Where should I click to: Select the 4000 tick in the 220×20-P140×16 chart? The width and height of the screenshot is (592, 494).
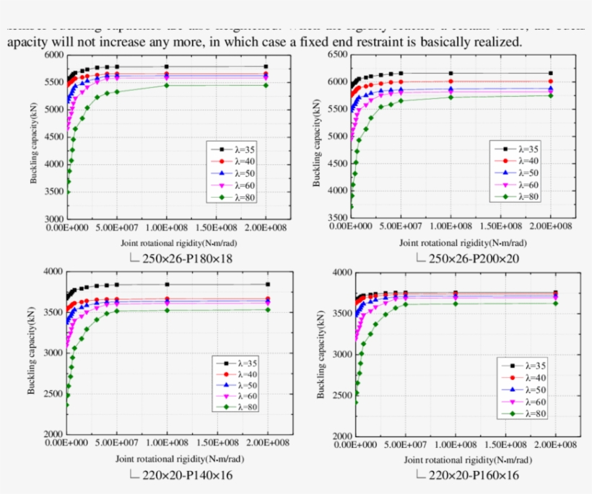tap(53, 272)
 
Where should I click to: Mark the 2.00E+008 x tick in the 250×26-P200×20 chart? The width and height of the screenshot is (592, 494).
tap(550, 226)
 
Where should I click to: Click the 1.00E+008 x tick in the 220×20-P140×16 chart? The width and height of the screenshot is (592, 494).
tap(167, 443)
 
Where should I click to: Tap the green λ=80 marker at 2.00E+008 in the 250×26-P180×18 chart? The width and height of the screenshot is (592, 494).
tap(266, 85)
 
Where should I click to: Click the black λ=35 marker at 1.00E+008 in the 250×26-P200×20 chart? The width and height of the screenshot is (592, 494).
tap(450, 73)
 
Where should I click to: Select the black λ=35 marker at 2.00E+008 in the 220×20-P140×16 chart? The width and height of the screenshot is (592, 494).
tap(267, 284)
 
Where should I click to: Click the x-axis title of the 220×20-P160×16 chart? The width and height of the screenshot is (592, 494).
tap(458, 459)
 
